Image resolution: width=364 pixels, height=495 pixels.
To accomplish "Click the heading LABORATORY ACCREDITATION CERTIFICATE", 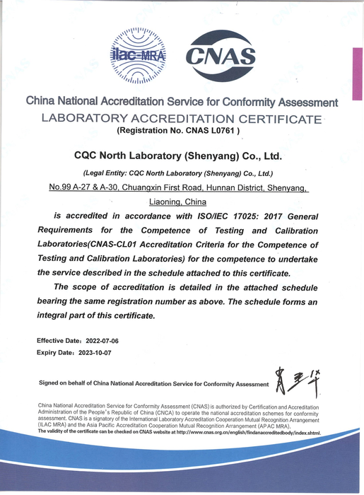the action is (182, 118).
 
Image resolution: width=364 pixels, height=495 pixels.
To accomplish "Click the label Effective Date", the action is (59, 341).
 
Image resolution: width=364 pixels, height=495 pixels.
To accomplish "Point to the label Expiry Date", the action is (54, 352).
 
